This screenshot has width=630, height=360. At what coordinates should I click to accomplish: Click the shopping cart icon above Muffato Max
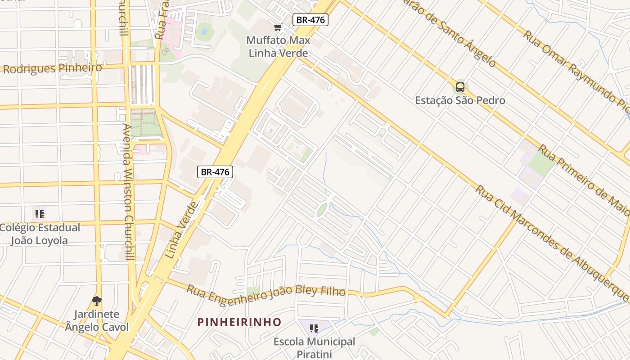pyautogui.click(x=278, y=27)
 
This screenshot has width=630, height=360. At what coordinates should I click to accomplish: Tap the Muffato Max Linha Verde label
pyautogui.click(x=279, y=47)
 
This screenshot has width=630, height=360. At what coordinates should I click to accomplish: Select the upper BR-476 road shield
pyautogui.click(x=310, y=20)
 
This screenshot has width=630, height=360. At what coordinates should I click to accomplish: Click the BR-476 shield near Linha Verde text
pyautogui.click(x=215, y=171)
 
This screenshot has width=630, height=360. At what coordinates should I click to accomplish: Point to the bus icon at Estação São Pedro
pyautogui.click(x=460, y=87)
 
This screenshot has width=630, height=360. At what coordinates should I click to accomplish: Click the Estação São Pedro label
pyautogui.click(x=460, y=100)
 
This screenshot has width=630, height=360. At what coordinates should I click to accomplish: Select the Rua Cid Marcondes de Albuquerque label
pyautogui.click(x=551, y=243)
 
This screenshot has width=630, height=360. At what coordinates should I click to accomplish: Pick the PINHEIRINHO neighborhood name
pyautogui.click(x=239, y=322)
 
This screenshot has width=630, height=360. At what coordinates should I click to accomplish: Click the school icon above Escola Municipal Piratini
pyautogui.click(x=314, y=328)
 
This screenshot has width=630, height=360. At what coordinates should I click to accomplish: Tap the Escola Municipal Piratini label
pyautogui.click(x=314, y=348)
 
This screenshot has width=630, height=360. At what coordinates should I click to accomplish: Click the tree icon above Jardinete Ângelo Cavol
pyautogui.click(x=96, y=301)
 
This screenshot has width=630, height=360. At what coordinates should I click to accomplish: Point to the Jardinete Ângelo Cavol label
pyautogui.click(x=97, y=320)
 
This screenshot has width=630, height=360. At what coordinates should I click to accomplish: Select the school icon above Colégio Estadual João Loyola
pyautogui.click(x=40, y=214)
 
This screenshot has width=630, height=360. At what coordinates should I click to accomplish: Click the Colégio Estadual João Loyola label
pyautogui.click(x=40, y=234)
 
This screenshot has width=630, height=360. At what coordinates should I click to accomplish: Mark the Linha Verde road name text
pyautogui.click(x=181, y=230)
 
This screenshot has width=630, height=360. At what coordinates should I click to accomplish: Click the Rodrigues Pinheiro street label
pyautogui.click(x=53, y=68)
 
